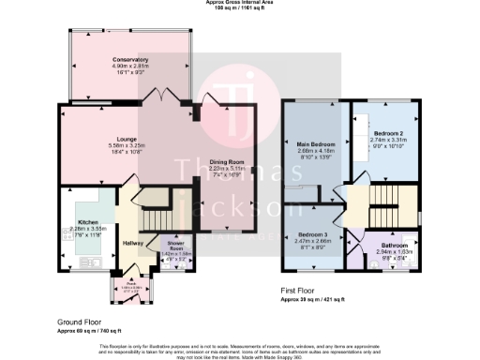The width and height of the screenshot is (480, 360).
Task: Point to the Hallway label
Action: pyautogui.click(x=131, y=243)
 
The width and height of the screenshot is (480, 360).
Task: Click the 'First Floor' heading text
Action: pyautogui.click(x=301, y=291)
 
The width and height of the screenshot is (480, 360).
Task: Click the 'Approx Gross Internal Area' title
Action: pyautogui.click(x=240, y=3)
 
